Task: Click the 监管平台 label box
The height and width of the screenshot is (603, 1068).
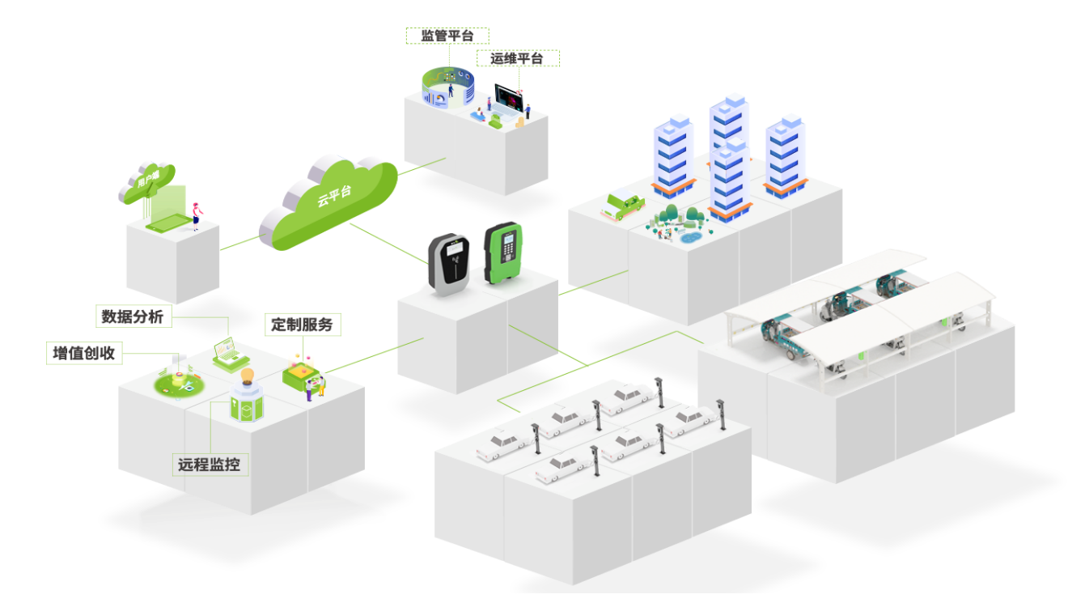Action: (447, 36)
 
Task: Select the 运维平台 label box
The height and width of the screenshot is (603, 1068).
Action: (518, 58)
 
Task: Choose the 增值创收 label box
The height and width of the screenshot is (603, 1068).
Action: (84, 353)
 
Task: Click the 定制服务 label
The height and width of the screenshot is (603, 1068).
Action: (303, 325)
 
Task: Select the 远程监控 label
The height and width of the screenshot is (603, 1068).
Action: (209, 465)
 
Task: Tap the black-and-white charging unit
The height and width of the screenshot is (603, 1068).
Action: (449, 264)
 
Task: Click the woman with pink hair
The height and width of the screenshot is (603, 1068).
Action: (195, 215)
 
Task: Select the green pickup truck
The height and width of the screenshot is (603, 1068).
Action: (621, 206)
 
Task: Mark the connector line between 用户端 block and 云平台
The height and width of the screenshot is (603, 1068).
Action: (239, 241)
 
